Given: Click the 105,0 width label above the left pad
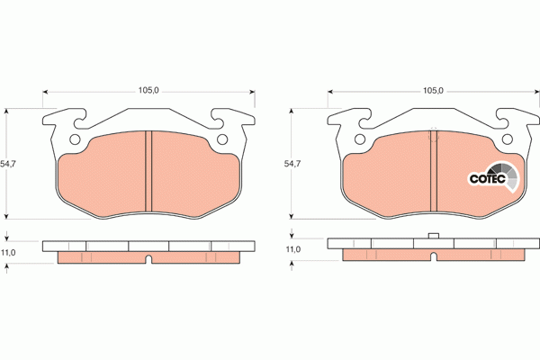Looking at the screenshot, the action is click(148, 91).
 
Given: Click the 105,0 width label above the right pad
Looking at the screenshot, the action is click(433, 91).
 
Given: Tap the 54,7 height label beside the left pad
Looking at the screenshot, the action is click(8, 164).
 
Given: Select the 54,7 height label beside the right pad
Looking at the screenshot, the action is click(292, 164).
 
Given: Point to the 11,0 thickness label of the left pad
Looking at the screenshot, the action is click(8, 253).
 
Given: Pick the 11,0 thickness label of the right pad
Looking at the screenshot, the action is click(293, 249).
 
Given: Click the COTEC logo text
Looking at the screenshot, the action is click(488, 179).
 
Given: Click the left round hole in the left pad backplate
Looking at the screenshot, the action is click(75, 139).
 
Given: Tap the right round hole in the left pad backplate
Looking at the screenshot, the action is click(222, 139).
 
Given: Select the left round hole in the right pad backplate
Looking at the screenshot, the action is click(360, 139).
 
